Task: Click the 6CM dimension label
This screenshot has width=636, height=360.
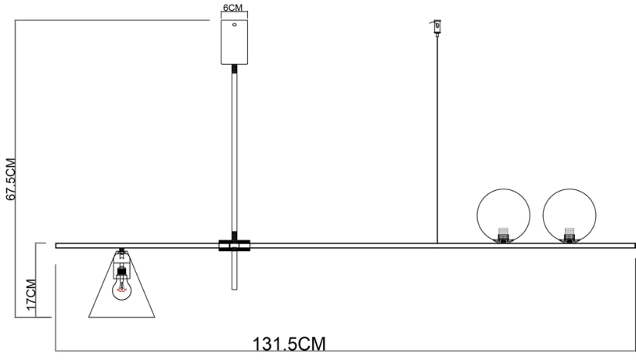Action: tap(234, 7)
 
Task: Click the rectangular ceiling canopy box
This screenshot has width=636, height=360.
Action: tap(234, 43)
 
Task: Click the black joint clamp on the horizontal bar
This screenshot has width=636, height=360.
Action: tap(234, 246)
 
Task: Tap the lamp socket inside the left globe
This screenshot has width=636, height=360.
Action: tap(503, 234)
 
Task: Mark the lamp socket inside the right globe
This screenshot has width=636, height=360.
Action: tap(570, 234)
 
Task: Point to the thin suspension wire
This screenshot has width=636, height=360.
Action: tap(437, 141)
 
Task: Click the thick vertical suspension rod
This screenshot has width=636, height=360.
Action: tap(234, 157)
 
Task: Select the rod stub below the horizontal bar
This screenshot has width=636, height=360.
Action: tap(234, 272)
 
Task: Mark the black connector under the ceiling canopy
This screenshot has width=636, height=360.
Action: tap(234, 71)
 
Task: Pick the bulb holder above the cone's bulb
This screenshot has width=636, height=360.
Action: tap(121, 273)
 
